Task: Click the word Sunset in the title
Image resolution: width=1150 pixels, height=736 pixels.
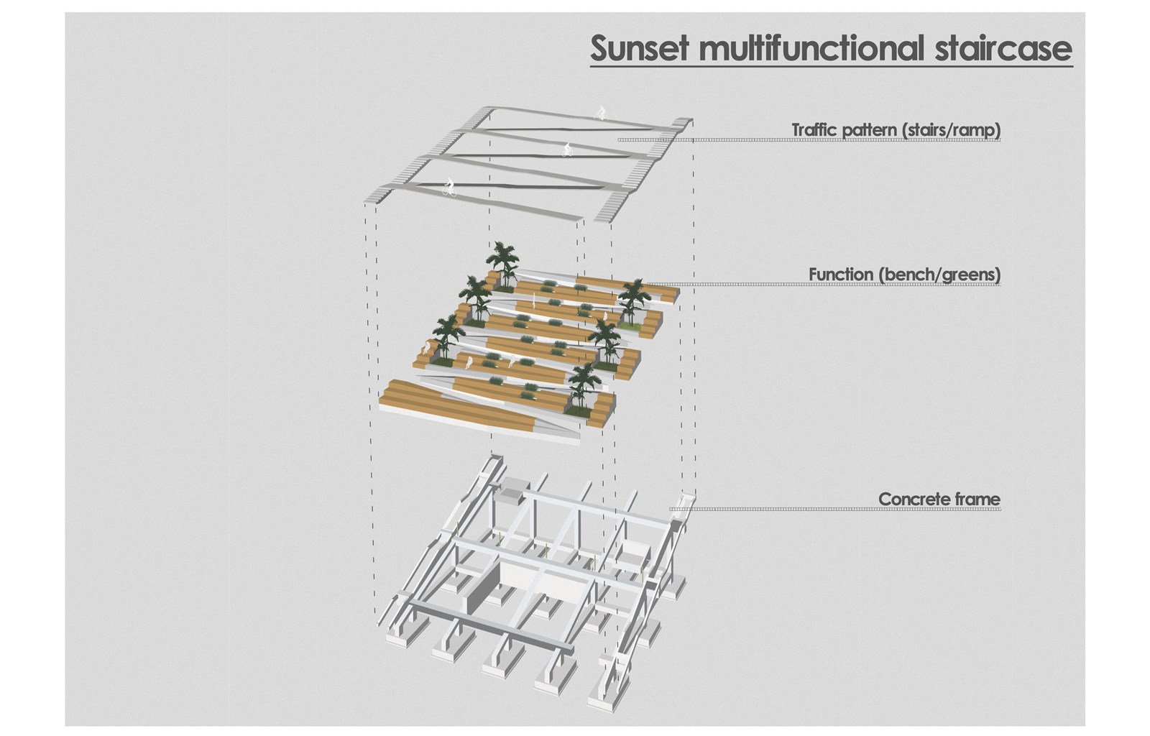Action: [x=639, y=48]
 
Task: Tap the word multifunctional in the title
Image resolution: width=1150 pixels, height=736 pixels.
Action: [x=811, y=48]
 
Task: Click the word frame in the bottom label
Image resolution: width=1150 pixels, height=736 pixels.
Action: [x=978, y=499]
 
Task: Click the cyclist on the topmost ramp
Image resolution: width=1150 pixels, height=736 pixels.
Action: [x=600, y=113]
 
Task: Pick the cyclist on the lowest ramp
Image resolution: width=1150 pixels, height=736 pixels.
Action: [x=449, y=188]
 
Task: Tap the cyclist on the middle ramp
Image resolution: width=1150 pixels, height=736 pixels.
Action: [x=567, y=149]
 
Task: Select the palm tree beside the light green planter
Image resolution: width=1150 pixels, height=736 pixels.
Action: [x=633, y=300]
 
